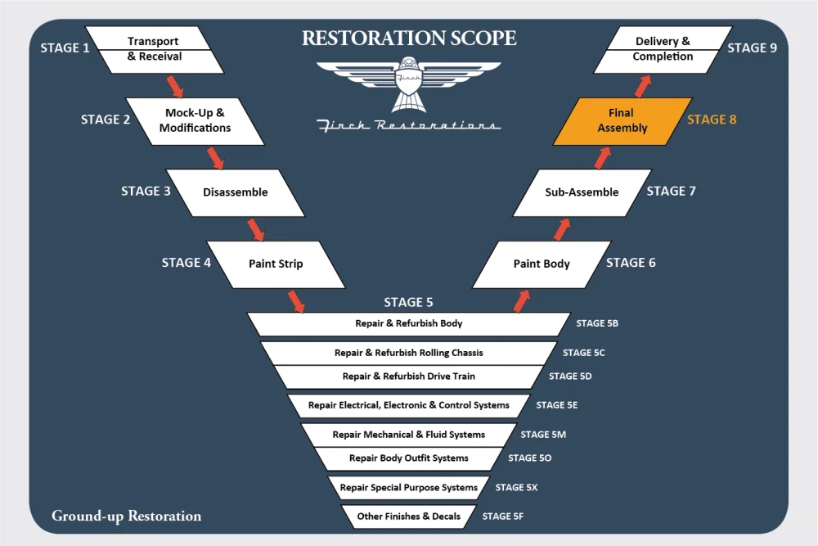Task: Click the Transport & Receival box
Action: click(154, 49)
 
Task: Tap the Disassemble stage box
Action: click(235, 192)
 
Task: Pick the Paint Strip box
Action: click(276, 264)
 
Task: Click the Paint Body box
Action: click(542, 264)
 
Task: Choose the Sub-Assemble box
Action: click(582, 192)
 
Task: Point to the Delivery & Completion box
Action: click(663, 49)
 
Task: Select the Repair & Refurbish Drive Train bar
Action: click(408, 377)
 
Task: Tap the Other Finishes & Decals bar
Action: click(408, 517)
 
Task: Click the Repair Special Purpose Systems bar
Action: click(408, 488)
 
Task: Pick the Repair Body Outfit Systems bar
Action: click(408, 458)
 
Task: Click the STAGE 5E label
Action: click(557, 405)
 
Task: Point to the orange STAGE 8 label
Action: click(712, 120)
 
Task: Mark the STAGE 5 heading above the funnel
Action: click(408, 303)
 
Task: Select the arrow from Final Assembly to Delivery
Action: click(642, 84)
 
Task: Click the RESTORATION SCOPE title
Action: click(408, 38)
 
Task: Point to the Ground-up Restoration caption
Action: click(126, 517)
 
